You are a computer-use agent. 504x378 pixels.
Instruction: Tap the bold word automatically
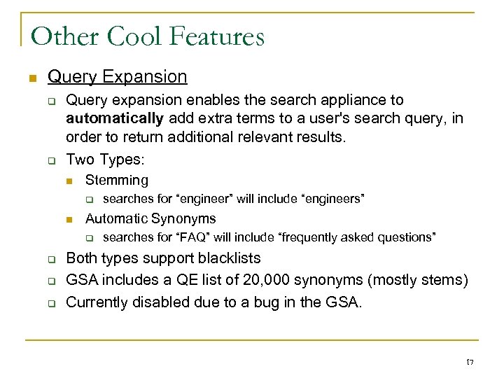(x=115, y=118)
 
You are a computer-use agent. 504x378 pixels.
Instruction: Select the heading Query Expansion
(x=118, y=76)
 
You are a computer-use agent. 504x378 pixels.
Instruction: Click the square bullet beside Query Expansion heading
(x=29, y=77)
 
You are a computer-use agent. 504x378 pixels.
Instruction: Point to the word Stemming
(x=117, y=180)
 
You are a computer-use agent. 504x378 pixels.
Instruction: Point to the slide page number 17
(x=470, y=362)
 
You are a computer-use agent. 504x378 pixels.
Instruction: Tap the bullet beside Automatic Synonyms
(x=69, y=219)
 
